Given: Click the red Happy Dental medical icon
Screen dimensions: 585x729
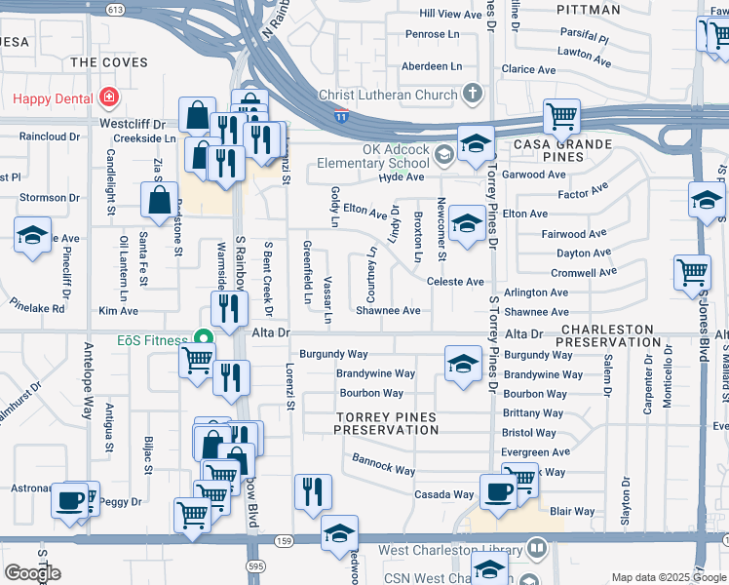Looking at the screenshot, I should click(x=107, y=98).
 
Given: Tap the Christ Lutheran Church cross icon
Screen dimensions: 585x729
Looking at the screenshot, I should click(x=473, y=96).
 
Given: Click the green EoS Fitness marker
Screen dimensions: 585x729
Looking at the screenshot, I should click(x=204, y=338).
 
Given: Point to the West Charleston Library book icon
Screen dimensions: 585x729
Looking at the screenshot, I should click(x=536, y=550).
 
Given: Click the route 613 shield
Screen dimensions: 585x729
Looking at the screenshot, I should click(x=116, y=9).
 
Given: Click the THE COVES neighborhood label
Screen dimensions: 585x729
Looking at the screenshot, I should click(x=109, y=62).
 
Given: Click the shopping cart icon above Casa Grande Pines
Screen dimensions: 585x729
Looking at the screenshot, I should click(x=562, y=116).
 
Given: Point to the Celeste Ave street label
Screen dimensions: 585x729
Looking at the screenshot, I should click(x=455, y=282).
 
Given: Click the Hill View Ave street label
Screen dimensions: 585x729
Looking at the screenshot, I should click(x=451, y=14).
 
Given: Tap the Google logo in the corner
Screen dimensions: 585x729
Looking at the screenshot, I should click(x=32, y=572).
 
